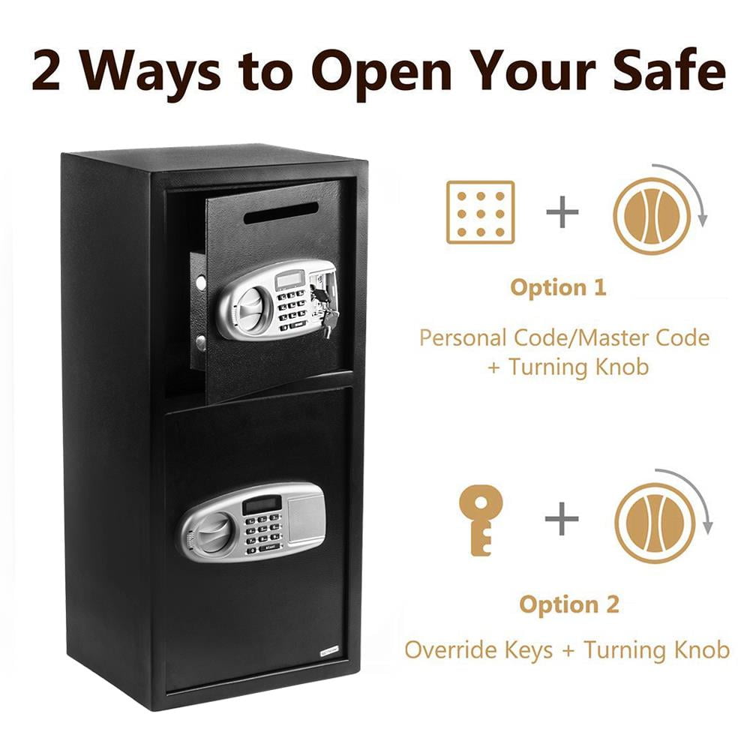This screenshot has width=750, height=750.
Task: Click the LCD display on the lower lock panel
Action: (x=262, y=504)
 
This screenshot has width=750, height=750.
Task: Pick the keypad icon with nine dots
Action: (x=481, y=212)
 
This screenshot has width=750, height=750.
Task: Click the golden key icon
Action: (x=481, y=520)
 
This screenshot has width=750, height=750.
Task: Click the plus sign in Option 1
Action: (x=562, y=213)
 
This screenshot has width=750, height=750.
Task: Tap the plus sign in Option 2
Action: (x=562, y=520)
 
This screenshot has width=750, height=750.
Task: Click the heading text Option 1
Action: (x=558, y=288)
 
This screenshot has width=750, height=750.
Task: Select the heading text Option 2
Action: (x=570, y=605)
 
